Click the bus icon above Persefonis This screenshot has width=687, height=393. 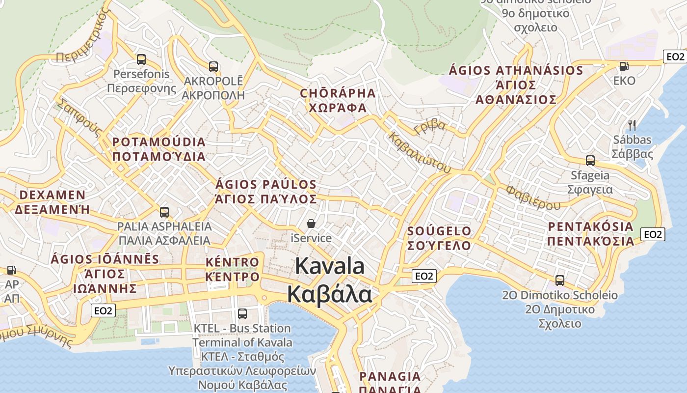pyautogui.click(x=141, y=59)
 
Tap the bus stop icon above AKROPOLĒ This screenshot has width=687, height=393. pyautogui.click(x=213, y=66)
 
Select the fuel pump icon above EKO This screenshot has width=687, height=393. pyautogui.click(x=624, y=66)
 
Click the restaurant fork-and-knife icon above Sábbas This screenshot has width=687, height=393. pyautogui.click(x=632, y=125)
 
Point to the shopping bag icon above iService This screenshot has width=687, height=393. pyautogui.click(x=311, y=224)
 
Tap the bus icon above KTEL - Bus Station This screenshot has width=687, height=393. pyautogui.click(x=242, y=313)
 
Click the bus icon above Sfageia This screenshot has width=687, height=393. pyautogui.click(x=590, y=160)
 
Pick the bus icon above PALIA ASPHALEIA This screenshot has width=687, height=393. pyautogui.click(x=164, y=212)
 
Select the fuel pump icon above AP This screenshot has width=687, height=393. pyautogui.click(x=11, y=270)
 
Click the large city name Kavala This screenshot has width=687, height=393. pyautogui.click(x=330, y=266)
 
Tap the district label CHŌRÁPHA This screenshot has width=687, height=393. pyautogui.click(x=338, y=93)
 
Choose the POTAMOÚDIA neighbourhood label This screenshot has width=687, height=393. pyautogui.click(x=159, y=142)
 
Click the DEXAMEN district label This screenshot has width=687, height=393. pyautogui.click(x=52, y=195)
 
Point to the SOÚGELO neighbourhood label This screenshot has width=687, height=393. pyautogui.click(x=439, y=231)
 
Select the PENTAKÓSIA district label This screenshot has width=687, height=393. pyautogui.click(x=591, y=226)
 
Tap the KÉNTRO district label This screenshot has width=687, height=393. pyautogui.click(x=232, y=262)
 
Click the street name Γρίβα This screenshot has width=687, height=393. pyautogui.click(x=430, y=127)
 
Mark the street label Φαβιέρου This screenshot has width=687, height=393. pyautogui.click(x=533, y=197)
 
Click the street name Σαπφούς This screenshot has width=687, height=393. pyautogui.click(x=79, y=117)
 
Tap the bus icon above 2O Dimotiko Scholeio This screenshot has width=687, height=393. pyautogui.click(x=560, y=280)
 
